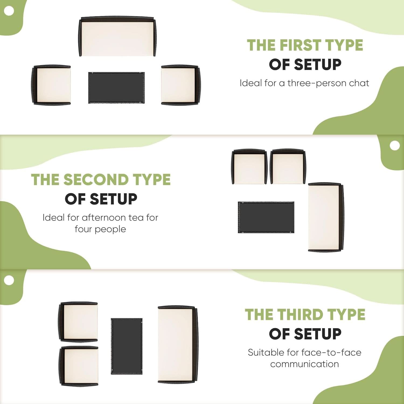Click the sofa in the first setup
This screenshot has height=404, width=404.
(117, 37)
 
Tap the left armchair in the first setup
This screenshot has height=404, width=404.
(51, 85)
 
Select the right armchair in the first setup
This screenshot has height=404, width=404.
(181, 85)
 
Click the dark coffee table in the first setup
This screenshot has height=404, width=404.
(116, 88)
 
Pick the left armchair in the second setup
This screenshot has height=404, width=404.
(249, 167)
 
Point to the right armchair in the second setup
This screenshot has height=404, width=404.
(288, 167)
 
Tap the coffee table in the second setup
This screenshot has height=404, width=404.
(266, 217)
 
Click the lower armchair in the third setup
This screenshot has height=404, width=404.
(78, 366)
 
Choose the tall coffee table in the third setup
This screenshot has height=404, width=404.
(127, 346)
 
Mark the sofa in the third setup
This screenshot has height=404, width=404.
(178, 344)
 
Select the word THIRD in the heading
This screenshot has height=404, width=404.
(300, 315)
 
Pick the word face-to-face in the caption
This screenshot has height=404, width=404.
(331, 352)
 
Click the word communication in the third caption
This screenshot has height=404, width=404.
(305, 364)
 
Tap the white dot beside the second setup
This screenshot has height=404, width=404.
(395, 146)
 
